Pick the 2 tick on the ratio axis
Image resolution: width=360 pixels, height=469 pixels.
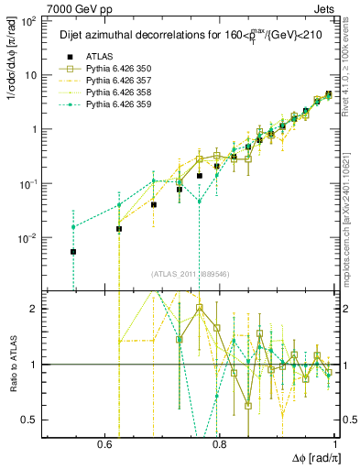point(37,309)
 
